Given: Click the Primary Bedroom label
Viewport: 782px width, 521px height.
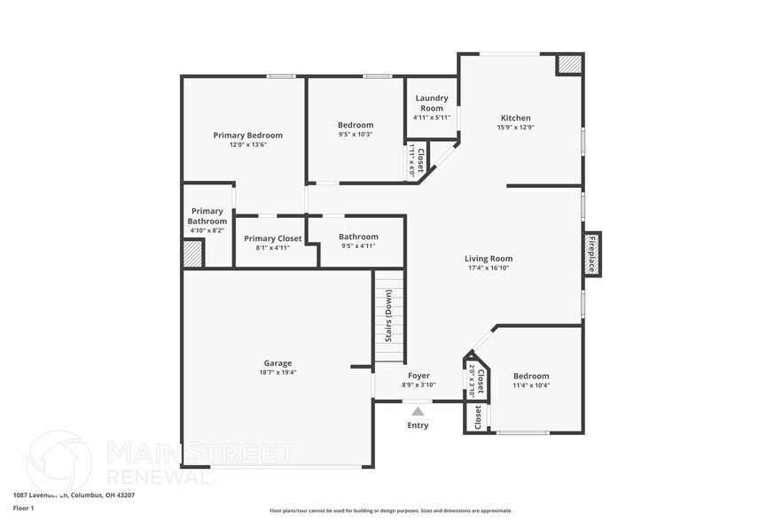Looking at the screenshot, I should [247, 136].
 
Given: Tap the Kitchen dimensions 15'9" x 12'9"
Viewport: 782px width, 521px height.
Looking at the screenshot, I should [515, 128].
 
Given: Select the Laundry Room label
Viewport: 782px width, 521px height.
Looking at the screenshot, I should [432, 103].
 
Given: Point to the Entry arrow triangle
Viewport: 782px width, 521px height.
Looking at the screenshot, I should [418, 410].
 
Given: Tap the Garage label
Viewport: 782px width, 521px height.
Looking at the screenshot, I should [278, 362].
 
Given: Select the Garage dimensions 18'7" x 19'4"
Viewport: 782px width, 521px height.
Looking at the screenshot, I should [278, 372].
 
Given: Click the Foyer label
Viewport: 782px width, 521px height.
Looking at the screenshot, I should [418, 376].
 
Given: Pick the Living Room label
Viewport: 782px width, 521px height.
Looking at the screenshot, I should [489, 259].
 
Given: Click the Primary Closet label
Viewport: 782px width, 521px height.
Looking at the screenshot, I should [273, 238].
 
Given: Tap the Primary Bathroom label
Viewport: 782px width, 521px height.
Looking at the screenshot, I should [207, 216].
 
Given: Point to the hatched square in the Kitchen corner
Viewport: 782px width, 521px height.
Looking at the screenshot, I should [568, 65].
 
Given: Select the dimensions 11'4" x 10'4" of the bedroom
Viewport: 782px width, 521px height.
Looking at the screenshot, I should [531, 385].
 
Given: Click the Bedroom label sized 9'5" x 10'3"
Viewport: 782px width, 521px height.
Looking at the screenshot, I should [356, 125].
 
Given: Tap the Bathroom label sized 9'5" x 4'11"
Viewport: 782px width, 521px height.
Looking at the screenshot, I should [358, 237].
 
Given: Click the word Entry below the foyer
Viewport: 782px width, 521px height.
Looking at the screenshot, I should [418, 425].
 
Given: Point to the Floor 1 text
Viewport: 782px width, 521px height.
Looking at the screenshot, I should [23, 508].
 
